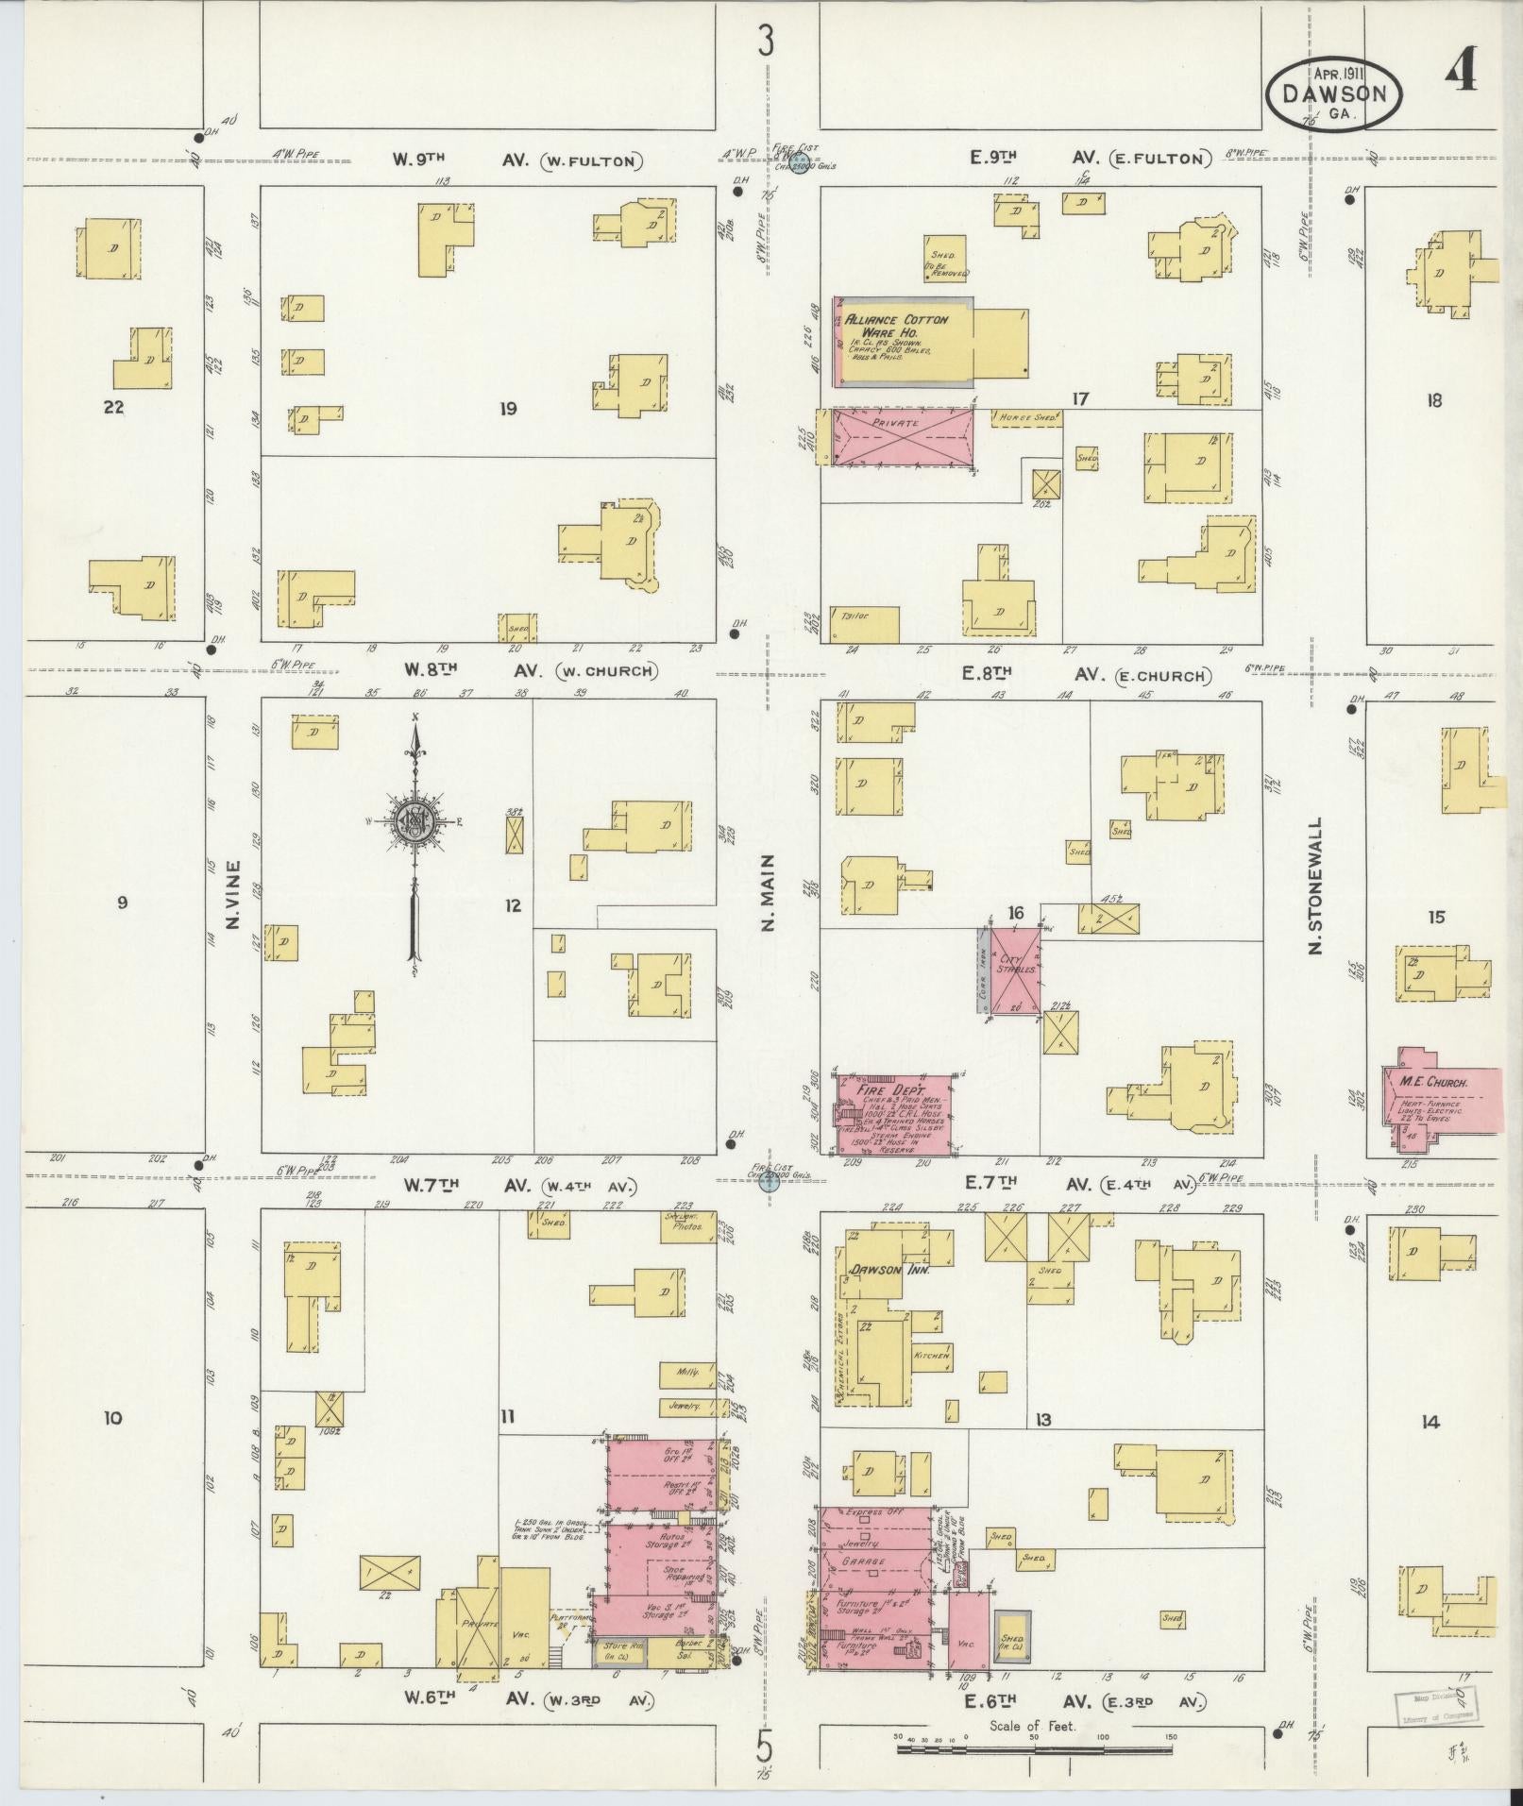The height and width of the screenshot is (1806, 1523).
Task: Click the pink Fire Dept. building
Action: pyautogui.click(x=895, y=1114)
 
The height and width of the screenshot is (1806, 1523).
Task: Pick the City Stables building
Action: pyautogui.click(x=1009, y=971)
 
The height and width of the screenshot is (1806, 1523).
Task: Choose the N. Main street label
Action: pyautogui.click(x=768, y=892)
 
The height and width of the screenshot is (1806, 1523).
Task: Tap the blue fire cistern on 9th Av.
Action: pyautogui.click(x=799, y=167)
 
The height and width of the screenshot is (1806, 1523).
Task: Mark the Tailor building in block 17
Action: pyautogui.click(x=863, y=623)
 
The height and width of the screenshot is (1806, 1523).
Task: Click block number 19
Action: pyautogui.click(x=509, y=409)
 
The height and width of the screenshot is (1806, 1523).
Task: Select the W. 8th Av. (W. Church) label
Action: pyautogui.click(x=529, y=670)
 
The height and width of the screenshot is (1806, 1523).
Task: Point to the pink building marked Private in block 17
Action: pyautogui.click(x=903, y=436)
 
